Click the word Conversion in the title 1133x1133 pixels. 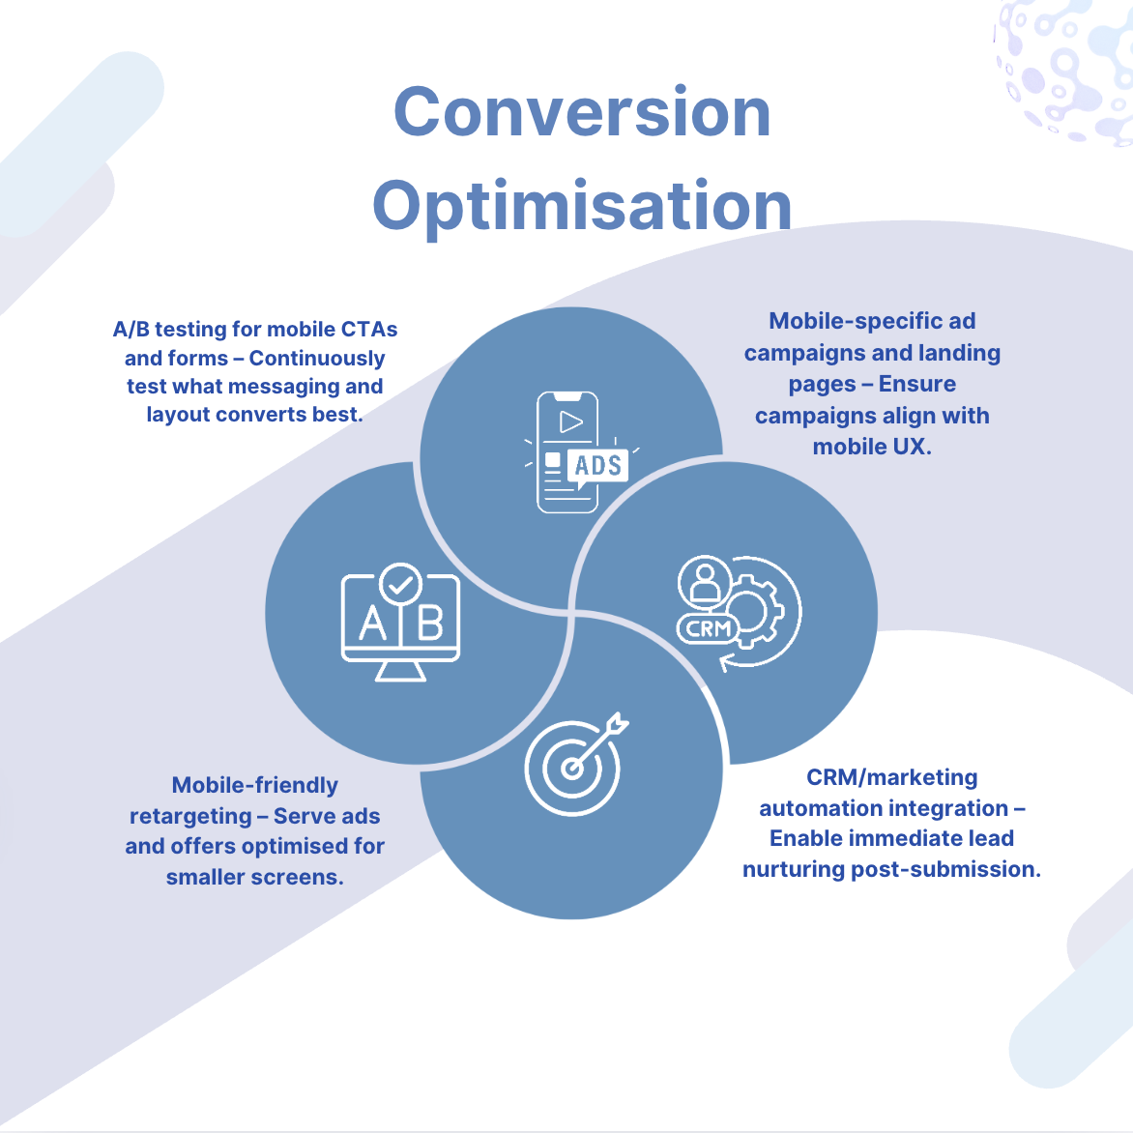[582, 112]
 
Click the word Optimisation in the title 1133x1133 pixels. [582, 206]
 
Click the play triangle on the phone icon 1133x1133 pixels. [571, 422]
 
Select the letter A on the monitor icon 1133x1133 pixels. [372, 624]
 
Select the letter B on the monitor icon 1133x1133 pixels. [430, 624]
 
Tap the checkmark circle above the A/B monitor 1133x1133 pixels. [401, 584]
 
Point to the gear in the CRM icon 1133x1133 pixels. [752, 610]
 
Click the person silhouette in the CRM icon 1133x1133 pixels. [705, 581]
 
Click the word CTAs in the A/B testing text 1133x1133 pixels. [369, 330]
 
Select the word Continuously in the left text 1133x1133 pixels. [317, 359]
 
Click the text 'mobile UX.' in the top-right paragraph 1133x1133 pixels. [872, 447]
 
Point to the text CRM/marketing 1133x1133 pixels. [891, 778]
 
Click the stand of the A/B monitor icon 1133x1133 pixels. [400, 671]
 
